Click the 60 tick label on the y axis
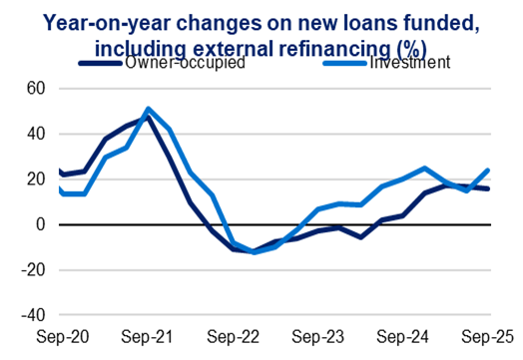coord(36,88)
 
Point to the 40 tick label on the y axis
coord(36,134)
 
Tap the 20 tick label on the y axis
coord(36,180)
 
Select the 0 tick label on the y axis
coord(41,224)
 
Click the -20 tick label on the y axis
coord(32,270)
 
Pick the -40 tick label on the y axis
coord(32,316)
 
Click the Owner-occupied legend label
coord(186,63)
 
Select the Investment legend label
coord(409,63)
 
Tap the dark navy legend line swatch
coord(101,62)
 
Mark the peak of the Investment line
coord(148,110)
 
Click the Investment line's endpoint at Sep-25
coord(487,171)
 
